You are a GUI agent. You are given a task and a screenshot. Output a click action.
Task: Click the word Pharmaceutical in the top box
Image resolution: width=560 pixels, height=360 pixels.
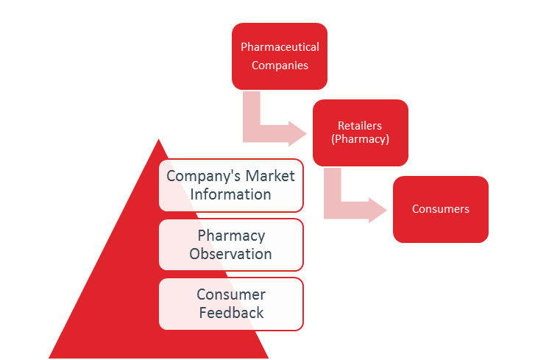[x=280, y=47]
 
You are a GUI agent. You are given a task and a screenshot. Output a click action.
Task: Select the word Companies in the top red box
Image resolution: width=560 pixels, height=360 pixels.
[x=280, y=65]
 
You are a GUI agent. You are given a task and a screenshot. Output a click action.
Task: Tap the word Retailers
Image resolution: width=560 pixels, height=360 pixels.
[x=359, y=126]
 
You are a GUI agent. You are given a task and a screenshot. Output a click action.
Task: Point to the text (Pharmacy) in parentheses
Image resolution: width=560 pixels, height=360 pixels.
[x=360, y=138]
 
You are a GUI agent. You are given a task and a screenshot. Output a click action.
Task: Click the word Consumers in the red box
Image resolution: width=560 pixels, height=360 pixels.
[x=440, y=209]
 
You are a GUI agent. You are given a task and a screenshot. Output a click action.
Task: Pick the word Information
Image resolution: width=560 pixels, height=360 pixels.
[x=231, y=194]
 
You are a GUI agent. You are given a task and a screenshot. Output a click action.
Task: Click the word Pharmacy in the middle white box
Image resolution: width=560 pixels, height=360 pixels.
[x=231, y=236]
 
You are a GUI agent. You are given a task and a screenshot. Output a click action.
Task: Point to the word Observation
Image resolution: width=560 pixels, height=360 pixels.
[x=231, y=254]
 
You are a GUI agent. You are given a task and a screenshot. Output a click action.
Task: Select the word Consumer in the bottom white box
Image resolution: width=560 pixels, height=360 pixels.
[x=231, y=294]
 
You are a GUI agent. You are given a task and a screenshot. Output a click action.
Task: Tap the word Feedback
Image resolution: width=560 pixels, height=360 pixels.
[x=231, y=312]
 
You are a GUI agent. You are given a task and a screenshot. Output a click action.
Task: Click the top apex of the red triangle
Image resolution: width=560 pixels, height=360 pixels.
[x=159, y=138]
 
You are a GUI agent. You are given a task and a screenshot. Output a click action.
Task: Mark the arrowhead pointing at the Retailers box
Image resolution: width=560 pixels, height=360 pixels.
[x=298, y=133]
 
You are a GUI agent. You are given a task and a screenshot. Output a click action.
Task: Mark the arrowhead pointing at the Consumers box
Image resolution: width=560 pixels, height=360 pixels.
[x=378, y=211]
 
